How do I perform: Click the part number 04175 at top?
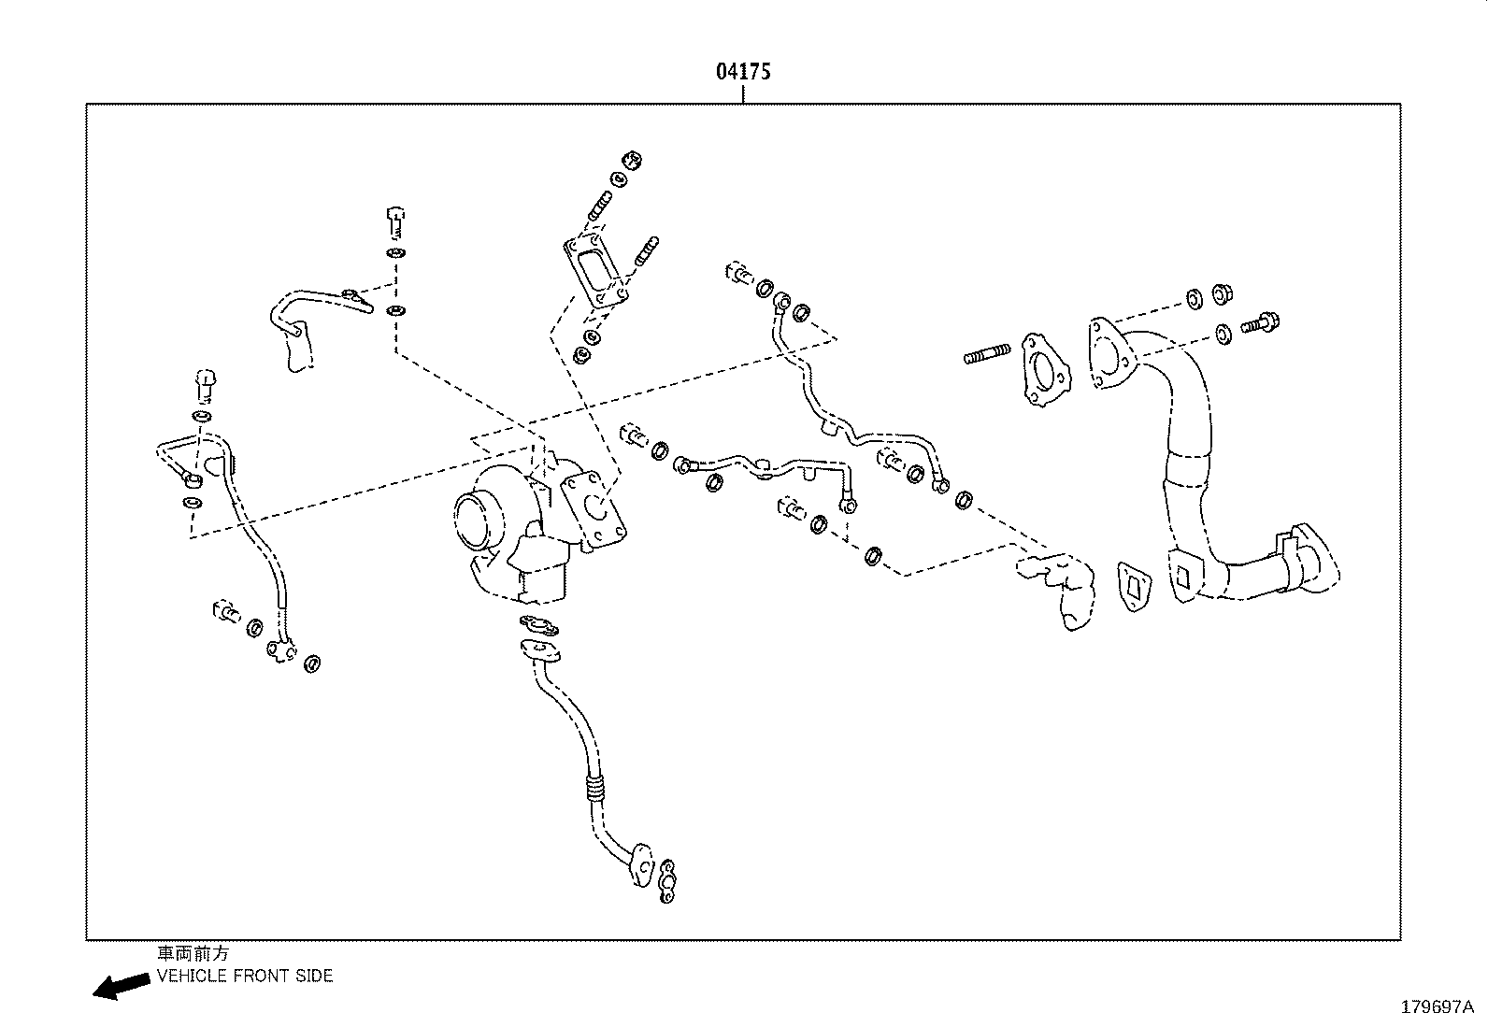click(x=743, y=71)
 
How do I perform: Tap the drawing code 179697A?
click(x=1436, y=1007)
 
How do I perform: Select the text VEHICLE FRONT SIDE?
click(x=245, y=977)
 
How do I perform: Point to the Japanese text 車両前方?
click(x=192, y=954)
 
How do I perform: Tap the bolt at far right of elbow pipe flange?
click(x=1260, y=324)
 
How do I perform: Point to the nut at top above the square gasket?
click(x=633, y=161)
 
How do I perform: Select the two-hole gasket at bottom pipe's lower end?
click(x=667, y=882)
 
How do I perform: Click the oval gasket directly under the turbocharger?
click(x=538, y=625)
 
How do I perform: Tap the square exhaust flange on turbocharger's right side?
click(x=593, y=509)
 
